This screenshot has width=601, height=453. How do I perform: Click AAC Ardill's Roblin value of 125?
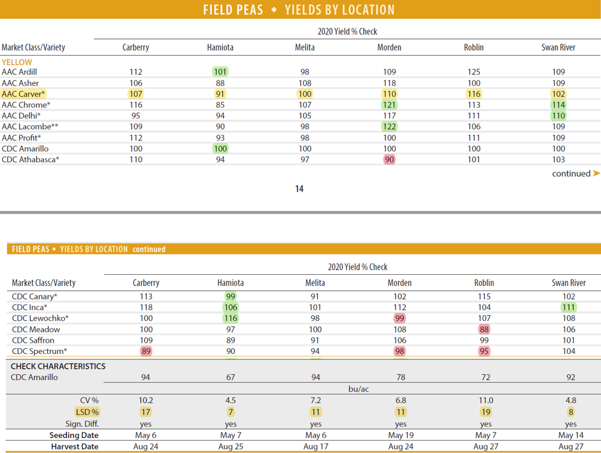click(474, 72)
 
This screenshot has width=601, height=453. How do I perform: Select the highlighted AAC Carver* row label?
click(24, 94)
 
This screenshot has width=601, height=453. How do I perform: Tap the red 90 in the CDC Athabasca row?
click(389, 159)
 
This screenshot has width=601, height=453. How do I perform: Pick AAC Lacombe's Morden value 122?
click(389, 126)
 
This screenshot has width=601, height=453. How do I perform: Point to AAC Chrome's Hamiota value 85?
click(220, 105)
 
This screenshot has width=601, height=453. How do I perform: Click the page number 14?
click(299, 189)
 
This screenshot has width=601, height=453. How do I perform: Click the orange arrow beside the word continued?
click(596, 174)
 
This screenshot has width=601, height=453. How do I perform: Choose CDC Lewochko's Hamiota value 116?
click(230, 318)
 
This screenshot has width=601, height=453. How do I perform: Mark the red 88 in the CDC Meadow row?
click(484, 329)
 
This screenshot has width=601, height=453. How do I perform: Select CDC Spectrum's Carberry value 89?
click(146, 351)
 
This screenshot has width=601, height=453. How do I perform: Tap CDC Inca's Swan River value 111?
click(568, 307)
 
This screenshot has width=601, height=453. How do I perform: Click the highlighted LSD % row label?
click(87, 412)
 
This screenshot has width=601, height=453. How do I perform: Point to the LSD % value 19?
click(486, 412)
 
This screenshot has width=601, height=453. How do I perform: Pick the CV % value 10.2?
click(146, 400)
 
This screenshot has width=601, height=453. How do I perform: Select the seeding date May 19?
click(400, 435)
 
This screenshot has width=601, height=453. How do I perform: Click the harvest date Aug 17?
click(316, 446)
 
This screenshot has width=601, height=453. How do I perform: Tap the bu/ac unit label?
click(358, 389)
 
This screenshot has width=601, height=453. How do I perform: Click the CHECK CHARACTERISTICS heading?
click(58, 366)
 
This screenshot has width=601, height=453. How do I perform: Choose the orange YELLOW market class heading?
click(17, 62)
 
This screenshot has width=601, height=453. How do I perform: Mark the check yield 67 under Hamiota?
click(230, 377)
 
